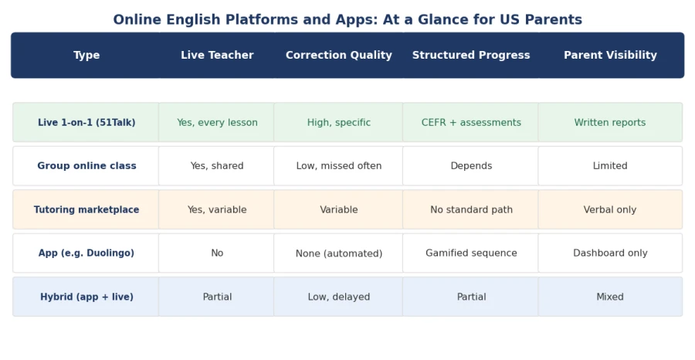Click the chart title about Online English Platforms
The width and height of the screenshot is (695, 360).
347,19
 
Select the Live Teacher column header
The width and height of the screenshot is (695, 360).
217,55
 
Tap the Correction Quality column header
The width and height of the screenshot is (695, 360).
339,55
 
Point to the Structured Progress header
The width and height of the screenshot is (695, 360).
471,55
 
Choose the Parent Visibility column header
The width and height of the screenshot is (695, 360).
610,55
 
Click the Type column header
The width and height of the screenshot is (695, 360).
86,55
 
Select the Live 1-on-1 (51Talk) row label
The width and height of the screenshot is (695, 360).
86,122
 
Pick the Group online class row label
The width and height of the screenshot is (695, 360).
86,166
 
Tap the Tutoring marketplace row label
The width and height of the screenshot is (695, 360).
86,209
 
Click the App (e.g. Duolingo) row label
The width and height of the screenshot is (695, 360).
86,253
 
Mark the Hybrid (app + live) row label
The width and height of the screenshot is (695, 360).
86,297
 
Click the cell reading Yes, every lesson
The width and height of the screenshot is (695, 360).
217,122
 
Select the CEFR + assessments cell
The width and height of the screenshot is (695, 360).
471,122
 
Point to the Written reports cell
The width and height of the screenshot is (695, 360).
610,122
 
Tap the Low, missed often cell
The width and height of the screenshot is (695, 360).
339,166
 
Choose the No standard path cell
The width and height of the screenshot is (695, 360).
471,209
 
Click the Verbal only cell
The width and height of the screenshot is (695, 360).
610,209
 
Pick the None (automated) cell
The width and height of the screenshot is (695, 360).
339,253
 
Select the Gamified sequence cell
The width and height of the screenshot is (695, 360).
471,253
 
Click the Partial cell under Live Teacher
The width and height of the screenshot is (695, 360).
217,297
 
